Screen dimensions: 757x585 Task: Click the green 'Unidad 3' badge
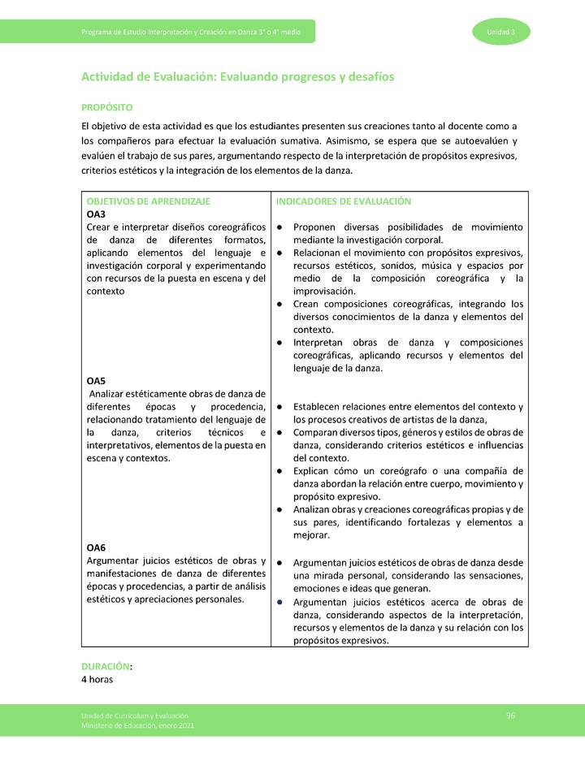coord(500,32)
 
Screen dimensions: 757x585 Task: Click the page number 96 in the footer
coord(510,714)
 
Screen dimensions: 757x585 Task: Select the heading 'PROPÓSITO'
coord(106,107)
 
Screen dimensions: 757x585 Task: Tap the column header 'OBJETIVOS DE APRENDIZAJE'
coord(148,201)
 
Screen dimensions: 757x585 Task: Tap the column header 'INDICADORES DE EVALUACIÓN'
coord(344,201)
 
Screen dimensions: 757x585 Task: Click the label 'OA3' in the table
coord(96,214)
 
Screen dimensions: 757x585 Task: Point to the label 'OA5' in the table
coord(96,381)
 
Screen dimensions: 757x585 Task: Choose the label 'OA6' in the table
coord(96,547)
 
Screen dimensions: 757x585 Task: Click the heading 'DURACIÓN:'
coord(106,666)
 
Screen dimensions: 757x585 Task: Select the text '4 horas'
coord(97,679)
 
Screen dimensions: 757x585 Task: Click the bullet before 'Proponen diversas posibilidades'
coord(279,227)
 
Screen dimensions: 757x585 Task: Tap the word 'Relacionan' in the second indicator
coord(320,253)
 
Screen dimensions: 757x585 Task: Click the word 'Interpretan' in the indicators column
coord(321,343)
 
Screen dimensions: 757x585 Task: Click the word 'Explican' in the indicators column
coord(314,471)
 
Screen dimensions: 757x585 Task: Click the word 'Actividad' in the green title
coord(109,76)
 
